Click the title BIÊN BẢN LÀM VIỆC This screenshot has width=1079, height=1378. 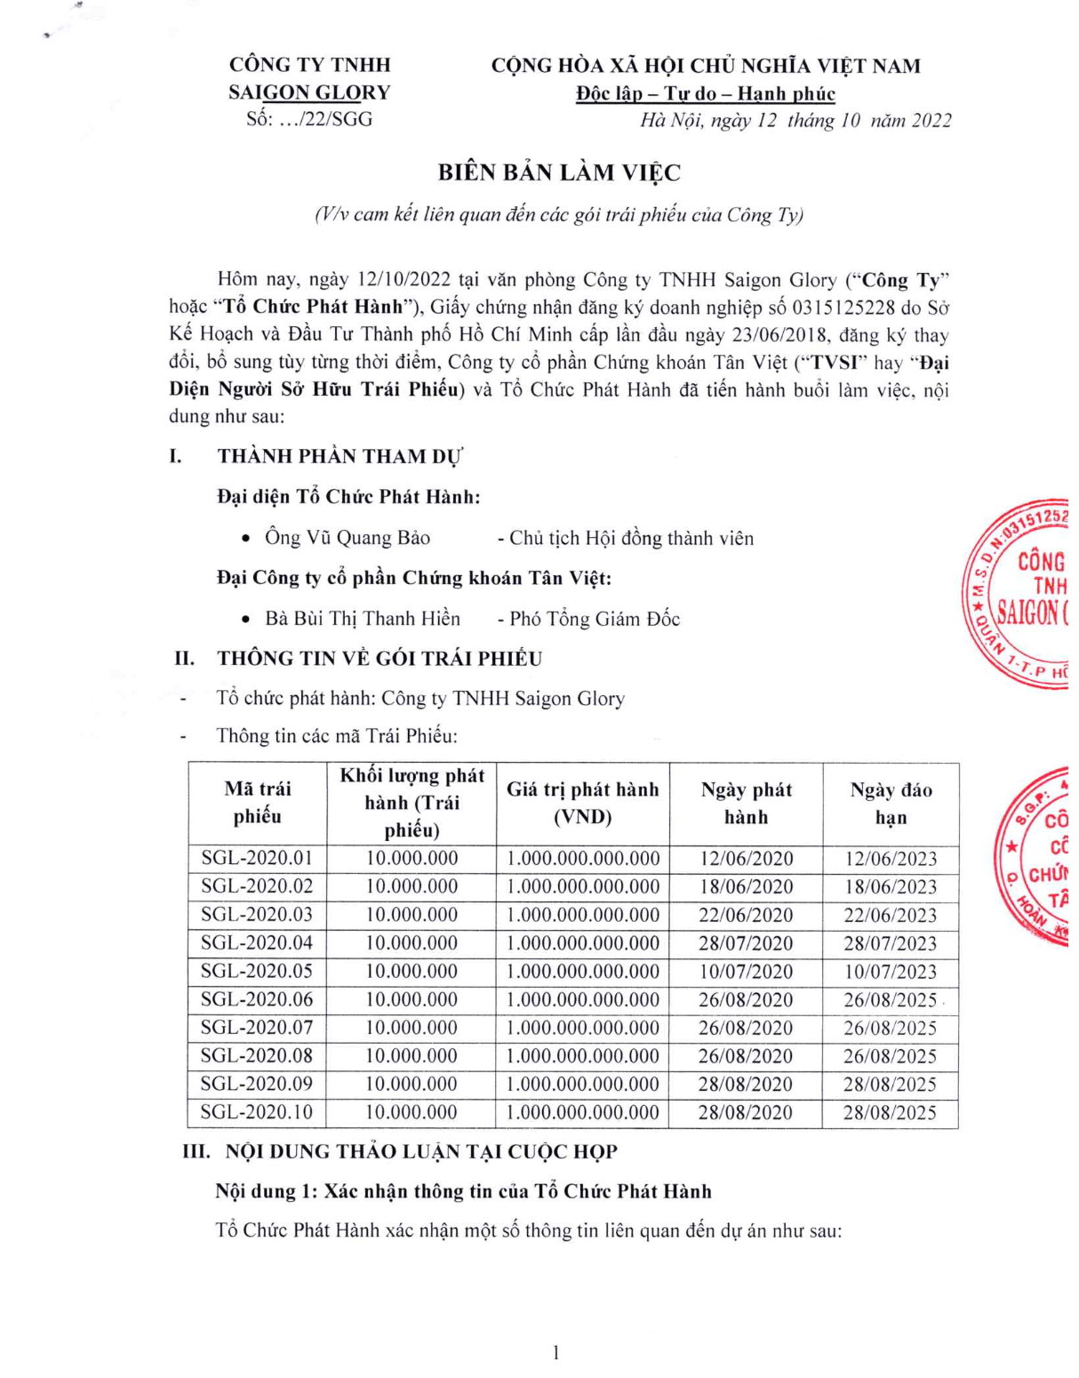click(559, 172)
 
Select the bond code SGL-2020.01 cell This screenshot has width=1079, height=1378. click(257, 858)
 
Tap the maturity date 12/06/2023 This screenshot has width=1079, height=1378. click(890, 859)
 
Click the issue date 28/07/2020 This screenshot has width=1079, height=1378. click(746, 943)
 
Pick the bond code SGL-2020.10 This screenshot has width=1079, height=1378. click(257, 1112)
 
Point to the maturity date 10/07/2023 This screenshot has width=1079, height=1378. click(890, 972)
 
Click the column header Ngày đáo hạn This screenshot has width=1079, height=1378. click(891, 804)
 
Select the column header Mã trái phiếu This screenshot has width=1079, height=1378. click(258, 802)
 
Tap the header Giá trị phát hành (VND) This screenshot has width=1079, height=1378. click(583, 803)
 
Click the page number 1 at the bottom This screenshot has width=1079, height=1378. click(556, 1352)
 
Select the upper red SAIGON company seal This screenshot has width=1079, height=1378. click(1022, 594)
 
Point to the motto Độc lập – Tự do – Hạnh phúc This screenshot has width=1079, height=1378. click(706, 93)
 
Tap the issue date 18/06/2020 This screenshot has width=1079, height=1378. click(746, 886)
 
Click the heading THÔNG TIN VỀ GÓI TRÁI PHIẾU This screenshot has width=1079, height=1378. click(380, 659)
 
